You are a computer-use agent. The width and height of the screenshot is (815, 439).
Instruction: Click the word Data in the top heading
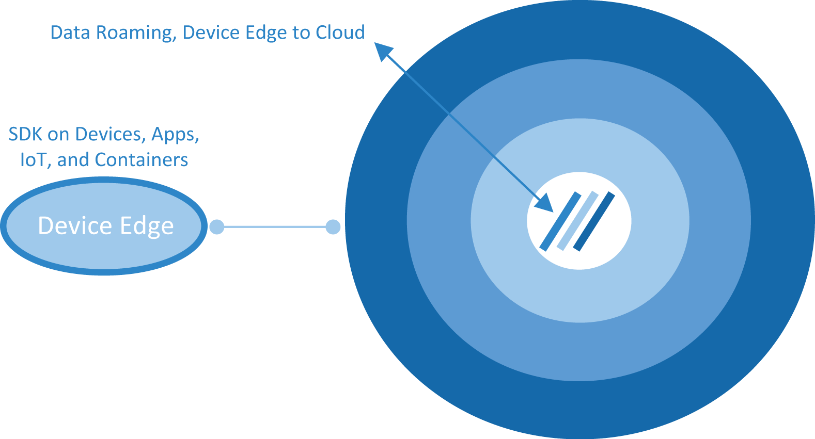tap(70, 34)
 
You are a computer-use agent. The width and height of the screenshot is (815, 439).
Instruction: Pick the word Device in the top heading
tap(211, 34)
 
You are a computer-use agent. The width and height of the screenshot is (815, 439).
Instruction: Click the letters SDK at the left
tap(26, 136)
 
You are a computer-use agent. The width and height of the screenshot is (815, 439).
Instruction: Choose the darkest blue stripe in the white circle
tap(594, 222)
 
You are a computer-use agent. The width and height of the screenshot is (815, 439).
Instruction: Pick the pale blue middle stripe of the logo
tap(577, 221)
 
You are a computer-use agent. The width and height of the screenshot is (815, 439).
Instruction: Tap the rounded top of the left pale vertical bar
tap(216, 225)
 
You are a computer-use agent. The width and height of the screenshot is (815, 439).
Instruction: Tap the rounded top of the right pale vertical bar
tap(334, 225)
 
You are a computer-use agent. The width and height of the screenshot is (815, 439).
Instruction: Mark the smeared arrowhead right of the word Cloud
tap(383, 52)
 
